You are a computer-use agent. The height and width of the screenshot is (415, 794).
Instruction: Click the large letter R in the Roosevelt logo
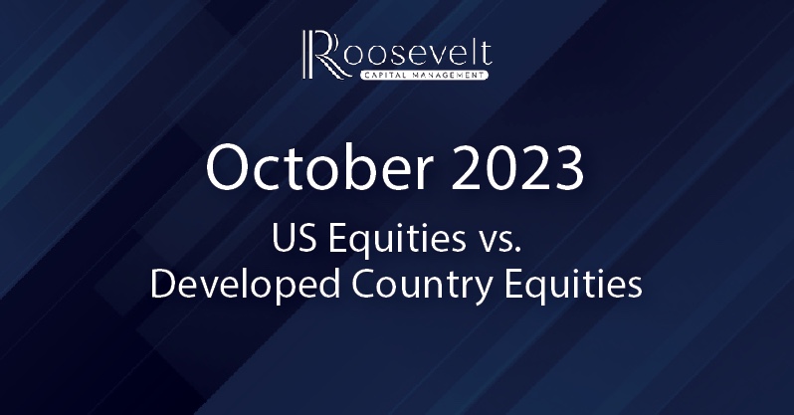[325, 55]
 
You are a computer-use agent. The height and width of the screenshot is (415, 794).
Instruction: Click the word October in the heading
[320, 168]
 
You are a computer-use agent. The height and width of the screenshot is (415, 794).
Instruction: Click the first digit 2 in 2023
[466, 168]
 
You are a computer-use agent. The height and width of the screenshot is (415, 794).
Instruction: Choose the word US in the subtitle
[292, 238]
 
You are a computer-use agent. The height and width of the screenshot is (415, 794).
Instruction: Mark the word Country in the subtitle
[421, 288]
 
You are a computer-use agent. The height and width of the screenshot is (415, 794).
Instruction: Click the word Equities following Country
[573, 287]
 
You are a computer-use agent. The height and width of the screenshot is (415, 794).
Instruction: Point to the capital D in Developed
[163, 285]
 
